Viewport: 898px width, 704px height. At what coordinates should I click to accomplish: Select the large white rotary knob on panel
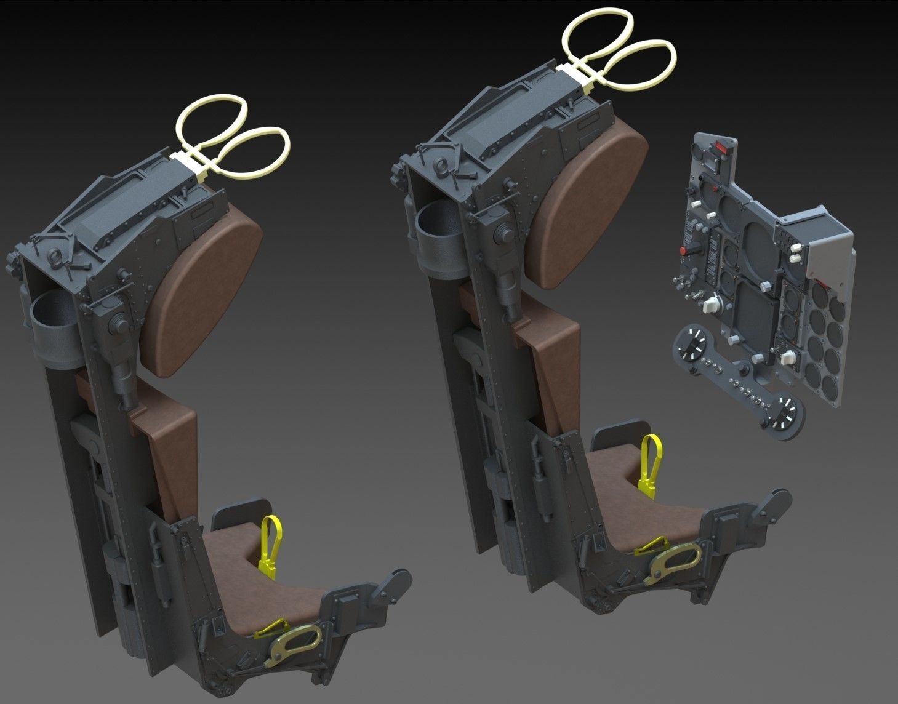pyautogui.click(x=713, y=305)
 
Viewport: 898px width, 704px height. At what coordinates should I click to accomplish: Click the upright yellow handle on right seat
pyautogui.click(x=649, y=465)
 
